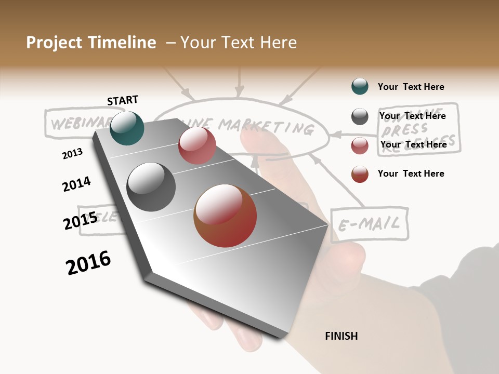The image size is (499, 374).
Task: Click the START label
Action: pos(123,100)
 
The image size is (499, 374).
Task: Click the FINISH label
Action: pos(341,336)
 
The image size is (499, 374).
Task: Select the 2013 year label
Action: pos(72,153)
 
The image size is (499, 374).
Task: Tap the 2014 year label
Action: pos(76,184)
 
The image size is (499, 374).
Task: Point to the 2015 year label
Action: pos(81,221)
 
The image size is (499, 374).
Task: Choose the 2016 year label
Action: pos(88,263)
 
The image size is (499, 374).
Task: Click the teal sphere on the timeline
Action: pos(127,128)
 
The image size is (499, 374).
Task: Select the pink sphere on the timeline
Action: pos(197,145)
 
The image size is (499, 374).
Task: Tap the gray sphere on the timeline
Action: pos(151,187)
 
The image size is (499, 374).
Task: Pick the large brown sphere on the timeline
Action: pos(225,216)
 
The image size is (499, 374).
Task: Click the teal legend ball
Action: pos(360,86)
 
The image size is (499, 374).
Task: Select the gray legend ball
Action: pos(360,116)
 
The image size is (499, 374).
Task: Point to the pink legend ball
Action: pos(360,145)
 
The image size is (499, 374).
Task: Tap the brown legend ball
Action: pos(360,174)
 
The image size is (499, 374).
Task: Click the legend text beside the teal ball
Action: pos(411,87)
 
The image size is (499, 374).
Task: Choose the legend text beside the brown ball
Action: pos(411,173)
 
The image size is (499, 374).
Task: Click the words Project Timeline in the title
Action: pos(91,43)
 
